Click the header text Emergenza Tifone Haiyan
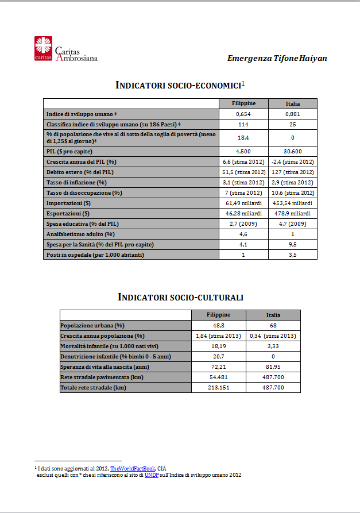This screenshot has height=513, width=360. (277, 58)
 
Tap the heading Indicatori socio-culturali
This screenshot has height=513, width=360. (180, 297)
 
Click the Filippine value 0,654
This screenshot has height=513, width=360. (243, 114)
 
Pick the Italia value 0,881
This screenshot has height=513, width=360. (292, 114)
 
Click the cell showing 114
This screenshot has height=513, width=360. (243, 125)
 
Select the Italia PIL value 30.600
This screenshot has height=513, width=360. (292, 151)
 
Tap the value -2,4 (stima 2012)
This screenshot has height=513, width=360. (292, 161)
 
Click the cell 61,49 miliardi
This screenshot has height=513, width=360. (243, 203)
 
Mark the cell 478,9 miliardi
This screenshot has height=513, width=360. (292, 213)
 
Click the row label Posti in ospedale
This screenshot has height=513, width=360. (87, 254)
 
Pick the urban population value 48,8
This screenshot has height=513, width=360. (218, 325)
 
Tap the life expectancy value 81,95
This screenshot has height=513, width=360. (273, 367)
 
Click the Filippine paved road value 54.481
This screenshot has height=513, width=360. (218, 377)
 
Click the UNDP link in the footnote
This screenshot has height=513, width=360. (152, 475)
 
